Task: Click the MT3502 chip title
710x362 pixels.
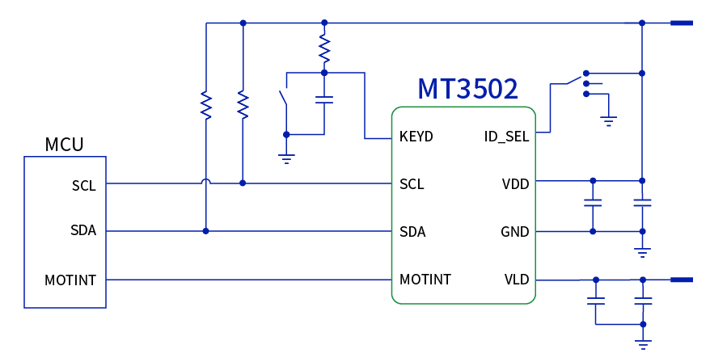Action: point(467,89)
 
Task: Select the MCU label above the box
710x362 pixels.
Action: point(64,145)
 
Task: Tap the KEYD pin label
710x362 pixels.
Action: point(416,137)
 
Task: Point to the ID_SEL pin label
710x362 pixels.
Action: point(506,137)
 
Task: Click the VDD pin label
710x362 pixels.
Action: point(515,184)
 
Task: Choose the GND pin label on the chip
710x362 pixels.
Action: point(514,233)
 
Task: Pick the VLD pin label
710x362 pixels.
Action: point(517,280)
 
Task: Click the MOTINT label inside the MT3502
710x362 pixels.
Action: point(425,280)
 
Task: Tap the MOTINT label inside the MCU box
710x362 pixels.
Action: point(70,280)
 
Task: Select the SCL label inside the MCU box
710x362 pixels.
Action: point(84,186)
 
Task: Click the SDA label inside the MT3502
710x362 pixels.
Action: point(412,233)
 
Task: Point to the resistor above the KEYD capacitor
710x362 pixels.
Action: point(324,49)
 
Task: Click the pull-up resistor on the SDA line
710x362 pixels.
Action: point(206,105)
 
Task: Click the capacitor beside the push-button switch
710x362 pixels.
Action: point(324,100)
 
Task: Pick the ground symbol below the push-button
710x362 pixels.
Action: point(285,157)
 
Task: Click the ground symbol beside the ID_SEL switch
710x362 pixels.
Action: point(610,121)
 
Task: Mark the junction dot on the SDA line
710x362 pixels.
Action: point(206,232)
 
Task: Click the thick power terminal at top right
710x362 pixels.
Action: point(682,23)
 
